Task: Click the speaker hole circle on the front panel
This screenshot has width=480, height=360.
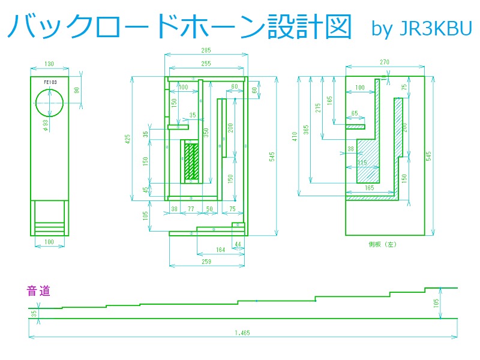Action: [49, 103]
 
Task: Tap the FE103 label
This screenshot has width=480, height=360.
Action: [50, 82]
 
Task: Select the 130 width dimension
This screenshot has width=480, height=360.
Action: [49, 64]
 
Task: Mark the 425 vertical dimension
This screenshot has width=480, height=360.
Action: [128, 139]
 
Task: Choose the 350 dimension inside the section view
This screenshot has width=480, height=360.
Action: [206, 133]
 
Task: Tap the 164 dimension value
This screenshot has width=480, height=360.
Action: [220, 250]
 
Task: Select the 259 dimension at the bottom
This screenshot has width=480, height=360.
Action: [206, 262]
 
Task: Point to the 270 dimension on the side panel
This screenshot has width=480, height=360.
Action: [385, 62]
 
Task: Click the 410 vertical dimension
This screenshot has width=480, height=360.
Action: [295, 136]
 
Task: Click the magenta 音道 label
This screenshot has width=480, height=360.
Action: [38, 292]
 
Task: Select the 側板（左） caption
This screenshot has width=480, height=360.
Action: [382, 244]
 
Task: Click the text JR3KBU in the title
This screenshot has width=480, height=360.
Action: [435, 29]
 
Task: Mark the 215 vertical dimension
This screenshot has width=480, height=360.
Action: [319, 108]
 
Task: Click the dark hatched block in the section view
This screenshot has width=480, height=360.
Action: [191, 160]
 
